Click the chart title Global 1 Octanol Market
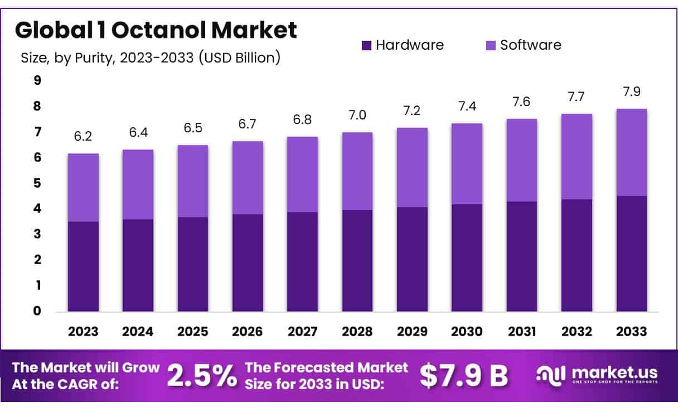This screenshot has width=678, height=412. click(156, 31)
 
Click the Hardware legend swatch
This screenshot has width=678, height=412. click(366, 45)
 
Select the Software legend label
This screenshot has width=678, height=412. click(530, 45)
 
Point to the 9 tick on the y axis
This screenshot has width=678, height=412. click(37, 80)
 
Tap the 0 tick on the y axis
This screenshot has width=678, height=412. click(37, 311)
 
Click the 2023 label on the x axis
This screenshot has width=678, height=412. click(83, 331)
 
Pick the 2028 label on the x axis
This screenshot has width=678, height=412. click(357, 331)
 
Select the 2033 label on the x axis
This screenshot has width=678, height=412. click(632, 331)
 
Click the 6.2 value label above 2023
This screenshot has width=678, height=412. click(83, 137)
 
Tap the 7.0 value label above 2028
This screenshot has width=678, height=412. click(357, 116)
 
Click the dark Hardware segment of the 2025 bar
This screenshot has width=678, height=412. click(193, 264)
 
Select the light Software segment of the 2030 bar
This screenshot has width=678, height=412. click(467, 164)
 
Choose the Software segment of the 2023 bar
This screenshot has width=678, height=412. click(83, 188)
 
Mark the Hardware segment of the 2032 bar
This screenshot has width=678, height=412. click(577, 255)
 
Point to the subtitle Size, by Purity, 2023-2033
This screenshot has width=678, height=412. click(150, 58)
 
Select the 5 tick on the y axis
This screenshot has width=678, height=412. click(37, 183)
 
